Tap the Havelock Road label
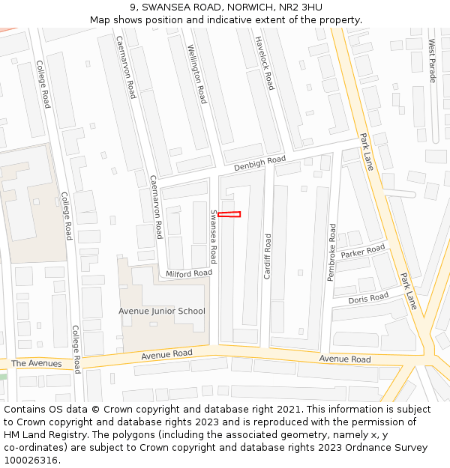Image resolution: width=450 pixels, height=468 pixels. (x=265, y=63)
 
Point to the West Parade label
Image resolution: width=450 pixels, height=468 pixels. (x=432, y=61)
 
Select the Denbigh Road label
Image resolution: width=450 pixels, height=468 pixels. (x=259, y=162)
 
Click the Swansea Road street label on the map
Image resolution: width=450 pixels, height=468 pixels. (x=213, y=236)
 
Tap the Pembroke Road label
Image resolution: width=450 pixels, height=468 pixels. (x=332, y=252)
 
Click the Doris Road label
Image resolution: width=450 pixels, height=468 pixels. (x=368, y=298)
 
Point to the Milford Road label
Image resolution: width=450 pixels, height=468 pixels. (x=189, y=274)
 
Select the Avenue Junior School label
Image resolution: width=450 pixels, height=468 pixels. (x=161, y=311)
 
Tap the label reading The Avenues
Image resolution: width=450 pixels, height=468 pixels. (x=36, y=363)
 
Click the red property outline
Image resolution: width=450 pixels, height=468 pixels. (x=229, y=215)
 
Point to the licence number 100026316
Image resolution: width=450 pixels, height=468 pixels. (x=31, y=460)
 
